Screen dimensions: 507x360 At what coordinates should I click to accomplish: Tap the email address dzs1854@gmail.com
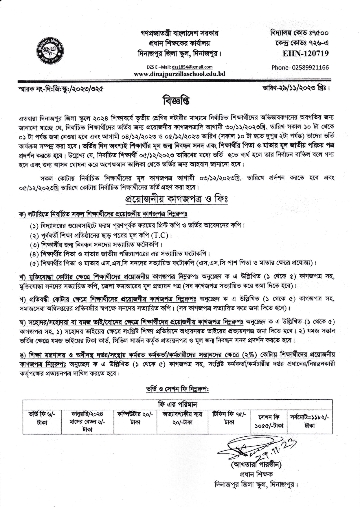tap(192, 67)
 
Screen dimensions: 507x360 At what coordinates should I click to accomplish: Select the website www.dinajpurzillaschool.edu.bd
tap(179, 74)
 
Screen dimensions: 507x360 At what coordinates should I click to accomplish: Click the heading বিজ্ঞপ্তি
tap(176, 100)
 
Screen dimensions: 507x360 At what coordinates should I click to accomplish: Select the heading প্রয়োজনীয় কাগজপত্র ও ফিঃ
tap(176, 199)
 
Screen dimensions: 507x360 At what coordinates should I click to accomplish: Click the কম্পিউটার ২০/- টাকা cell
tap(135, 418)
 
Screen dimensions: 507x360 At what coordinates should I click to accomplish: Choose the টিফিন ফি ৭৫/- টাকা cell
tap(229, 418)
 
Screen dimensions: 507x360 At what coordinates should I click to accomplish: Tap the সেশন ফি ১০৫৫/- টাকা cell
tap(269, 422)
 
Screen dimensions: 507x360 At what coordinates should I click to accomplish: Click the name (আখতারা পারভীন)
tap(256, 465)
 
